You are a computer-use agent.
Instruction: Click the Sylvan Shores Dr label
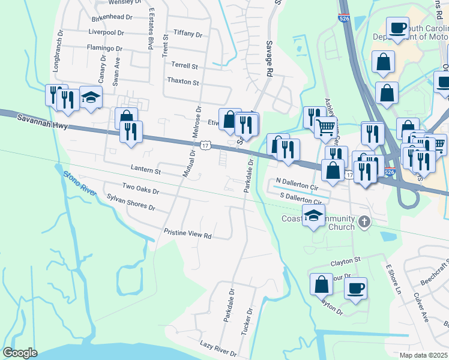point(131,202)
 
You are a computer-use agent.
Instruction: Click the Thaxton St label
point(183,80)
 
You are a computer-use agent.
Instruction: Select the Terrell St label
point(184,65)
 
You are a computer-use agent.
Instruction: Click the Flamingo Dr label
point(104,47)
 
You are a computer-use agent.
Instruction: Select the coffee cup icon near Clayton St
point(355,288)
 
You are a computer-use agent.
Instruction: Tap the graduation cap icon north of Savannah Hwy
point(91,97)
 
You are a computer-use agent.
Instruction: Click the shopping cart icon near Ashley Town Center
point(325,127)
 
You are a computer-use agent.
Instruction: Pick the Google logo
point(20,353)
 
